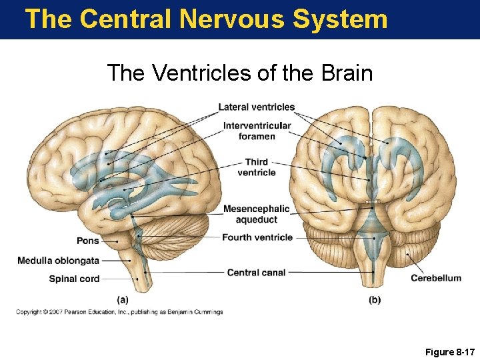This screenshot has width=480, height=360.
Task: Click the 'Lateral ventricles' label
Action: point(256,107)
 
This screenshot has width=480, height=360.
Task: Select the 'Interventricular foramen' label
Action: point(257,131)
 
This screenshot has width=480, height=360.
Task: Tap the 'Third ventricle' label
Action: point(256,167)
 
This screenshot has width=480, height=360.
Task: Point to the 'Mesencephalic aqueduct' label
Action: point(256,214)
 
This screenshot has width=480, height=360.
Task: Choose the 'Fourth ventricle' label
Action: point(257,237)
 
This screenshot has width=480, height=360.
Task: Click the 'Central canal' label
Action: point(256,273)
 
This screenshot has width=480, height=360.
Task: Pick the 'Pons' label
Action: point(87,241)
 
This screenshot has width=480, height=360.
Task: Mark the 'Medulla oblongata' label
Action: point(58,261)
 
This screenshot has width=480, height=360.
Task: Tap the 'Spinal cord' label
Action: point(74,279)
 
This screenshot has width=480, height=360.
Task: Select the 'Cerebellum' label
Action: point(435,278)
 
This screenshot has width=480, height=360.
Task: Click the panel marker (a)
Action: point(123,300)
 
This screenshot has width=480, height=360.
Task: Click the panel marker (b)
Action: point(375,300)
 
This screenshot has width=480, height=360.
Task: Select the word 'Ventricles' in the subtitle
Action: point(203,73)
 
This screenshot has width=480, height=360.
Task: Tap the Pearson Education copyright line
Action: point(119,312)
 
